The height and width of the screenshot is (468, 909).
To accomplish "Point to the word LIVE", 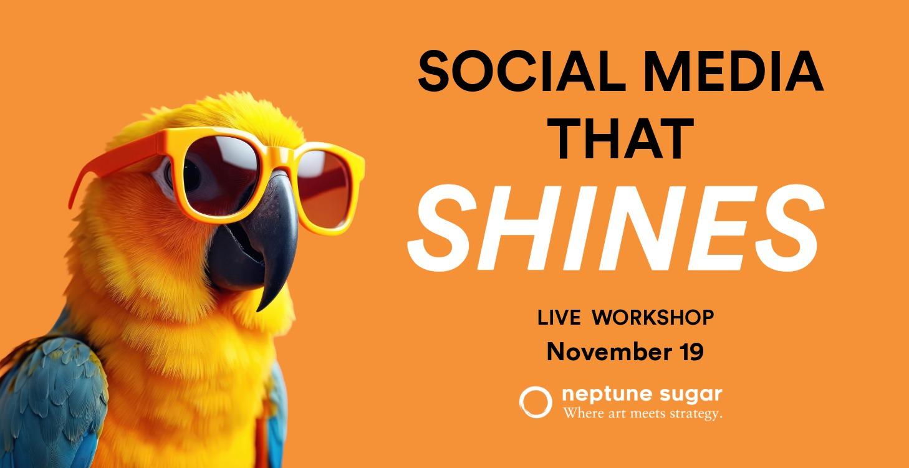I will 559,318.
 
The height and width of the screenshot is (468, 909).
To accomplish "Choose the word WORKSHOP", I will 653,318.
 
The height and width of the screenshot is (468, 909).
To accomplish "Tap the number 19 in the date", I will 689,352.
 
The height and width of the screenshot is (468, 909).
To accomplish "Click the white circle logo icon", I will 535,402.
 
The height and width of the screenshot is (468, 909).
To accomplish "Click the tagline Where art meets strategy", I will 642,414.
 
